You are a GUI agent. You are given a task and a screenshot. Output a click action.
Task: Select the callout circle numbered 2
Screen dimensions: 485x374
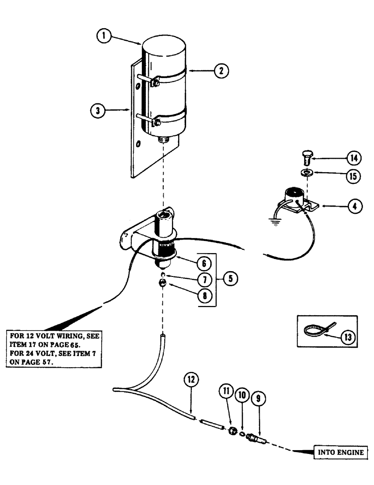point(221,71)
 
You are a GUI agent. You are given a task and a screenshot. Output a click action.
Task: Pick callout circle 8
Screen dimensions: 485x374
point(204,295)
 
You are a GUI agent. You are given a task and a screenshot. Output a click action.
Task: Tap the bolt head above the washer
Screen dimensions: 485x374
point(305,157)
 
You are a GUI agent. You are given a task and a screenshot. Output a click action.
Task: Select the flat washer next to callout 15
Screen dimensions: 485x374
point(306,173)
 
